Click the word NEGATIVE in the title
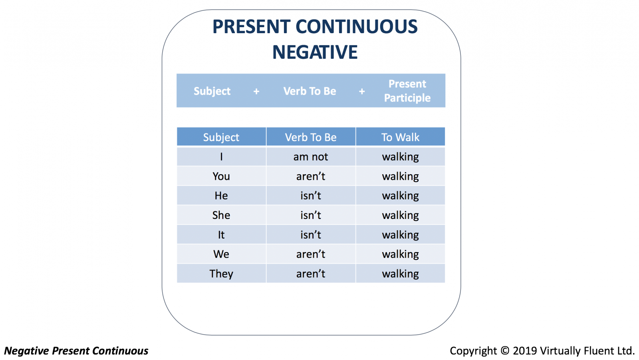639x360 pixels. click(x=315, y=52)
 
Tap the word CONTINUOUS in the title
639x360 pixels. click(x=357, y=26)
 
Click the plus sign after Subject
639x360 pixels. click(x=256, y=91)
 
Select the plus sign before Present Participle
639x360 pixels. click(x=362, y=91)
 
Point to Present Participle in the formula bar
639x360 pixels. click(x=407, y=91)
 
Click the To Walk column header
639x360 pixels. click(x=400, y=137)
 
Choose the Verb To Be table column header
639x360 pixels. click(x=311, y=137)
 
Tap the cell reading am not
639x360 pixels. click(x=311, y=157)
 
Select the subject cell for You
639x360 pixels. click(x=221, y=176)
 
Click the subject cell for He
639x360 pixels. click(x=221, y=195)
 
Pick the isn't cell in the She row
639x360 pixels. click(x=311, y=215)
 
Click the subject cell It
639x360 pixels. click(x=221, y=235)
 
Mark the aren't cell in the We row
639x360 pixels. click(x=311, y=254)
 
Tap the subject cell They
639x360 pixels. click(x=221, y=274)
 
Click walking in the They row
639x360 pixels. click(x=400, y=274)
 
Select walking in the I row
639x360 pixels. click(x=400, y=157)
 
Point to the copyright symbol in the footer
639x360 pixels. click(x=505, y=350)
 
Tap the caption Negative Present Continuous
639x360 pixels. click(x=76, y=350)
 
